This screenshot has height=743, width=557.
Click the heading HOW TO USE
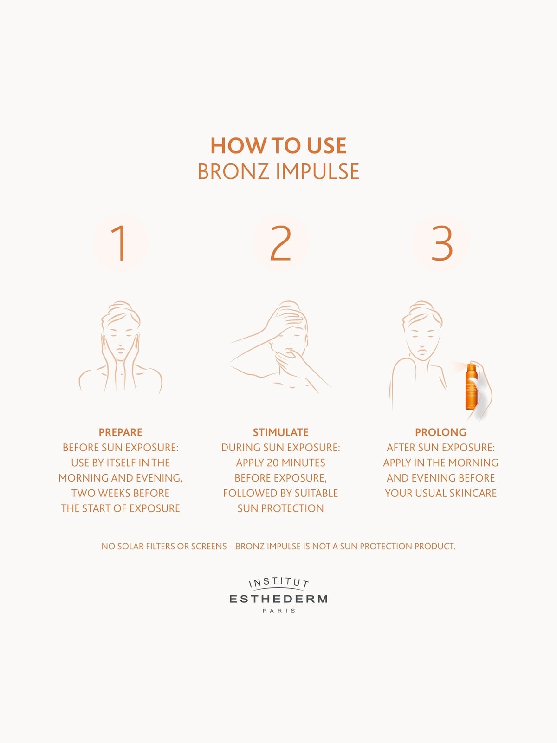point(278,146)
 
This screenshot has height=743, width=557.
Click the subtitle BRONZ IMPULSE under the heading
point(278,171)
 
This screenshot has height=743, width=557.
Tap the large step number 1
point(119,243)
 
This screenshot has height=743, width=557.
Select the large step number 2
point(281,243)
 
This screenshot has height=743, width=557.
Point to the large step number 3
point(442,243)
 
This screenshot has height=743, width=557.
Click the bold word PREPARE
point(120,432)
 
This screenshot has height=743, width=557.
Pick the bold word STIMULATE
point(281,432)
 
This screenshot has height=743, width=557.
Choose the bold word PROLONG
point(440,432)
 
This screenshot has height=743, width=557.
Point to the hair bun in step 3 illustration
point(422,306)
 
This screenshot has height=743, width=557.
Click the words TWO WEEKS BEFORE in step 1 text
point(120,493)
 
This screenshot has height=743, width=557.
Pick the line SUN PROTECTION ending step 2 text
point(281,508)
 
